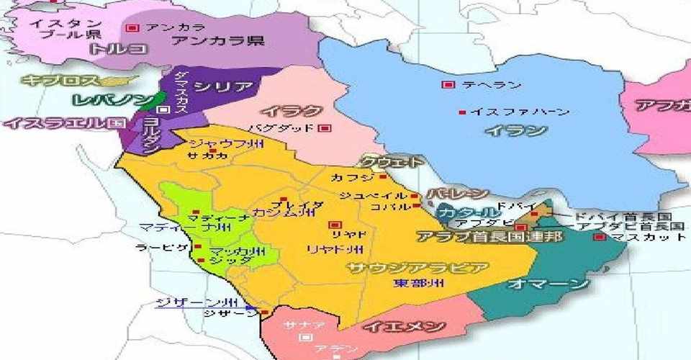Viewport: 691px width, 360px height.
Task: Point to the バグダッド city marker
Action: point(324,128)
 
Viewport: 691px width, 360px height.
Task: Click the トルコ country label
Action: point(118,49)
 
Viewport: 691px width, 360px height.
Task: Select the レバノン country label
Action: point(113,99)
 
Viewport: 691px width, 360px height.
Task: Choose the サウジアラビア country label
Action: point(417,268)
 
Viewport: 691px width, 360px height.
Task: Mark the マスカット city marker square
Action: point(598,237)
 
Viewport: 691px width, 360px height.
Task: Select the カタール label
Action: point(469,212)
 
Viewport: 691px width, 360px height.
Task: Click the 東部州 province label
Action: point(418,284)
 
